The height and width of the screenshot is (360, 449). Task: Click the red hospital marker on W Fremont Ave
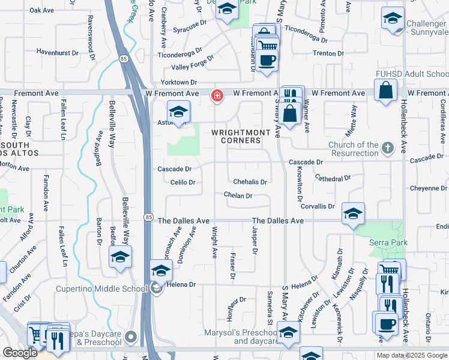(217, 95)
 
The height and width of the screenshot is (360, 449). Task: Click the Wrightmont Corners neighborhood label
(236, 136)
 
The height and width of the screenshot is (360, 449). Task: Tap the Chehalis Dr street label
(250, 181)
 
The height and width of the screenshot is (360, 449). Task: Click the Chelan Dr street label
(238, 196)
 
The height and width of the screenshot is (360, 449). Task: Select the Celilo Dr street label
(182, 182)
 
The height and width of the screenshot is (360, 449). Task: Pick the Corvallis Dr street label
(318, 206)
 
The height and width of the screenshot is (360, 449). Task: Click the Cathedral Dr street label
(332, 179)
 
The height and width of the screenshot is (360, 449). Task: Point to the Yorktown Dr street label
(178, 82)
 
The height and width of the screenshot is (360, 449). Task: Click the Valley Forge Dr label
(193, 67)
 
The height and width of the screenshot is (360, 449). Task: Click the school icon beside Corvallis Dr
(353, 213)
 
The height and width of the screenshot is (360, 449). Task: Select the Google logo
(20, 353)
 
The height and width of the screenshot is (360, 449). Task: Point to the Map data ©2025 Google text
(412, 355)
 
